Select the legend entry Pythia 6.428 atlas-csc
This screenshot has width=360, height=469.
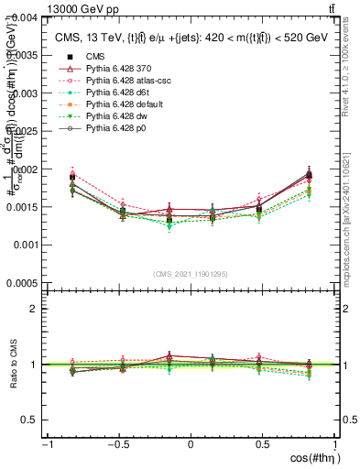pyautogui.click(x=115, y=82)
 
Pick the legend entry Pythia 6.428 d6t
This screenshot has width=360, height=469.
pyautogui.click(x=106, y=93)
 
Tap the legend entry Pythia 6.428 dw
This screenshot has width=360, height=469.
pyautogui.click(x=105, y=117)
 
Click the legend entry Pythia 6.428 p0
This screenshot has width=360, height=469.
pyautogui.click(x=105, y=129)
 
